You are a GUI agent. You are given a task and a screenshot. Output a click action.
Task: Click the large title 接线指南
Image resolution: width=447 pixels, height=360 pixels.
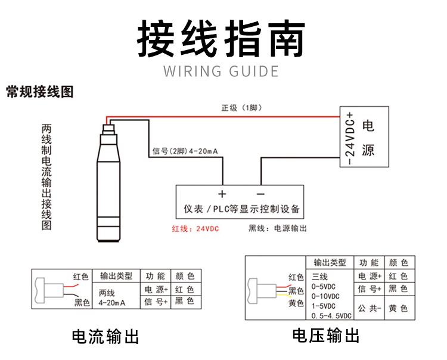[222, 39]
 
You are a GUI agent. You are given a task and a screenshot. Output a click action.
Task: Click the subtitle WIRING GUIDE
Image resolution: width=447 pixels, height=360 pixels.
[222, 72]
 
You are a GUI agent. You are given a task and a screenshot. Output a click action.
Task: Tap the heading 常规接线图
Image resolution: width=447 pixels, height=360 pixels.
[39, 92]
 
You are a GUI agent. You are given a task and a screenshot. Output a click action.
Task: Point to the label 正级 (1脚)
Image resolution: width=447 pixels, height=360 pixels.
[241, 108]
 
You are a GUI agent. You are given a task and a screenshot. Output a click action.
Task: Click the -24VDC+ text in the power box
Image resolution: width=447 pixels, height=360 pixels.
[349, 138]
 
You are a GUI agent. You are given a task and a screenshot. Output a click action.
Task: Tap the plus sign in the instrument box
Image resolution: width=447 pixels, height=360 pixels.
[222, 194]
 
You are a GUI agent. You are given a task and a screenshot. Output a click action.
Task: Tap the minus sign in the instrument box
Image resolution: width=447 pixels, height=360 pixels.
[260, 194]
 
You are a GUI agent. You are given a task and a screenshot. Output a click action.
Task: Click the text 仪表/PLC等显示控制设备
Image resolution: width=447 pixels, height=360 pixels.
[240, 210]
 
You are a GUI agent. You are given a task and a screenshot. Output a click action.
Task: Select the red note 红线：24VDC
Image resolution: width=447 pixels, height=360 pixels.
[195, 228]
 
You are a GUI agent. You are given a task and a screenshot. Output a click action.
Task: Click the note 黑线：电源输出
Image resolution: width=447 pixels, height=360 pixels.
[278, 228]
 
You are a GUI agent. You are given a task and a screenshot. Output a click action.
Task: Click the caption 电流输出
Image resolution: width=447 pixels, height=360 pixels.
[105, 337]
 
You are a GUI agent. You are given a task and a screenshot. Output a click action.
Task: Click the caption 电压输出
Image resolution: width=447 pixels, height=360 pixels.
[325, 336]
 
